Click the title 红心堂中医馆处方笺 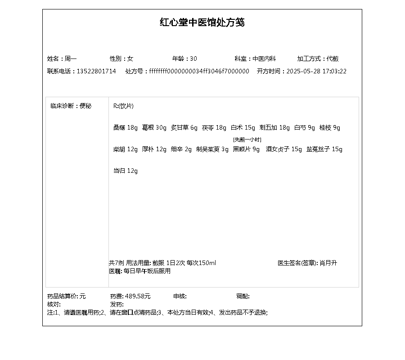click(202, 22)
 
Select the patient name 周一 click(71, 58)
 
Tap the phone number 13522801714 click(96, 71)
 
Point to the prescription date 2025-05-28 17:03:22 click(316, 71)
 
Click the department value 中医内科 click(264, 58)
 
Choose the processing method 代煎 click(333, 58)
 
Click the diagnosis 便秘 click(85, 106)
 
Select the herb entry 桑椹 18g click(125, 128)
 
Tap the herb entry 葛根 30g click(154, 128)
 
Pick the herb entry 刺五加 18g click(274, 128)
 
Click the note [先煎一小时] click(247, 139)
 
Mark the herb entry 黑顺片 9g click(246, 149)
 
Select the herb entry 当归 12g click(125, 171)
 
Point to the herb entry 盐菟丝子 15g click(324, 149)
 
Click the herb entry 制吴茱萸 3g click(212, 149)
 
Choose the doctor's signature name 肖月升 click(328, 263)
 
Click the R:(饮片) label click(123, 106)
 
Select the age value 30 click(193, 58)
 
